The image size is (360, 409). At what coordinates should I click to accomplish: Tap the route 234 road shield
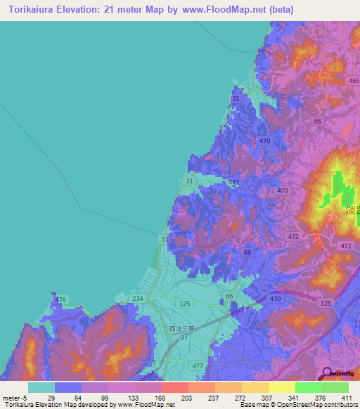[137, 299]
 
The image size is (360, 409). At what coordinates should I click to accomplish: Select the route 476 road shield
[61, 300]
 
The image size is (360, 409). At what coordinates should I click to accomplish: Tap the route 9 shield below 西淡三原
[181, 338]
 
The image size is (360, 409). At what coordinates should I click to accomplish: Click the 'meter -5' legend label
[14, 398]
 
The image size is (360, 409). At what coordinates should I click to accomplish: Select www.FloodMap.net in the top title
[219, 9]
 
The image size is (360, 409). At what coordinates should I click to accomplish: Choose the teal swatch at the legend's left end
[41, 387]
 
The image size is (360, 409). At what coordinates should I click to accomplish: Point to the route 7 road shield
[153, 363]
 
